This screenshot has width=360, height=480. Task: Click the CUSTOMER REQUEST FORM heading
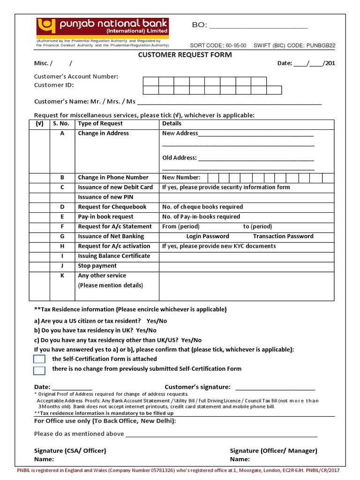point(185,54)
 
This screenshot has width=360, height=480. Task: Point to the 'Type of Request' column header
point(100,123)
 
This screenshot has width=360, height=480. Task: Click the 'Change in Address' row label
point(103,133)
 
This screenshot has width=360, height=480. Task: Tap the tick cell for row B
point(39,178)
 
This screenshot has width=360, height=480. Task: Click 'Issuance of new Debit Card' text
point(115,187)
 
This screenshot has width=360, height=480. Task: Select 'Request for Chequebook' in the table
point(112,207)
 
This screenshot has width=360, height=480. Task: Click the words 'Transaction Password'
point(283,236)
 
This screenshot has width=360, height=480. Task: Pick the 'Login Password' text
point(208,236)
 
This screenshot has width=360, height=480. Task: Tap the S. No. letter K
point(62,276)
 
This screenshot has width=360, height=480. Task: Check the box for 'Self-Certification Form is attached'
point(39,359)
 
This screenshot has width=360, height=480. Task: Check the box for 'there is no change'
point(39,370)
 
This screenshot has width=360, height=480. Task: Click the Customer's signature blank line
point(275,387)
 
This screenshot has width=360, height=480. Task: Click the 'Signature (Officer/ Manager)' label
point(273,450)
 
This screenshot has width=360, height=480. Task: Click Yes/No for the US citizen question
point(157,321)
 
